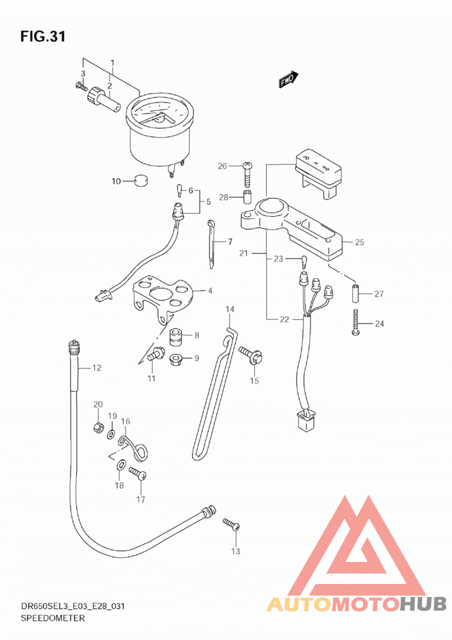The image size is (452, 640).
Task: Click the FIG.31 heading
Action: [43, 37]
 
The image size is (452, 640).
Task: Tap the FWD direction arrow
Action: [288, 79]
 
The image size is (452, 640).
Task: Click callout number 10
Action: [116, 181]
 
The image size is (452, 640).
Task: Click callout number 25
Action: [359, 242]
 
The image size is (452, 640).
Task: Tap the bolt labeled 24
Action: [356, 322]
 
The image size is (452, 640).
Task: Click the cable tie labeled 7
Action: [212, 244]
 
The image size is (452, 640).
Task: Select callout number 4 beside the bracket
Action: [210, 291]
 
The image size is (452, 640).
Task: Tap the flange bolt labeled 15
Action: [251, 356]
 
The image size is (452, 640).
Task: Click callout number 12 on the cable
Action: [97, 367]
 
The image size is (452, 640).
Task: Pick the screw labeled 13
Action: [231, 525]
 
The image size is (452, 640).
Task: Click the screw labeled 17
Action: [137, 473]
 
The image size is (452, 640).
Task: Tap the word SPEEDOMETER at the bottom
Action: [53, 618]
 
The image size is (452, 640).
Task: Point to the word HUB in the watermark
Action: [423, 604]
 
